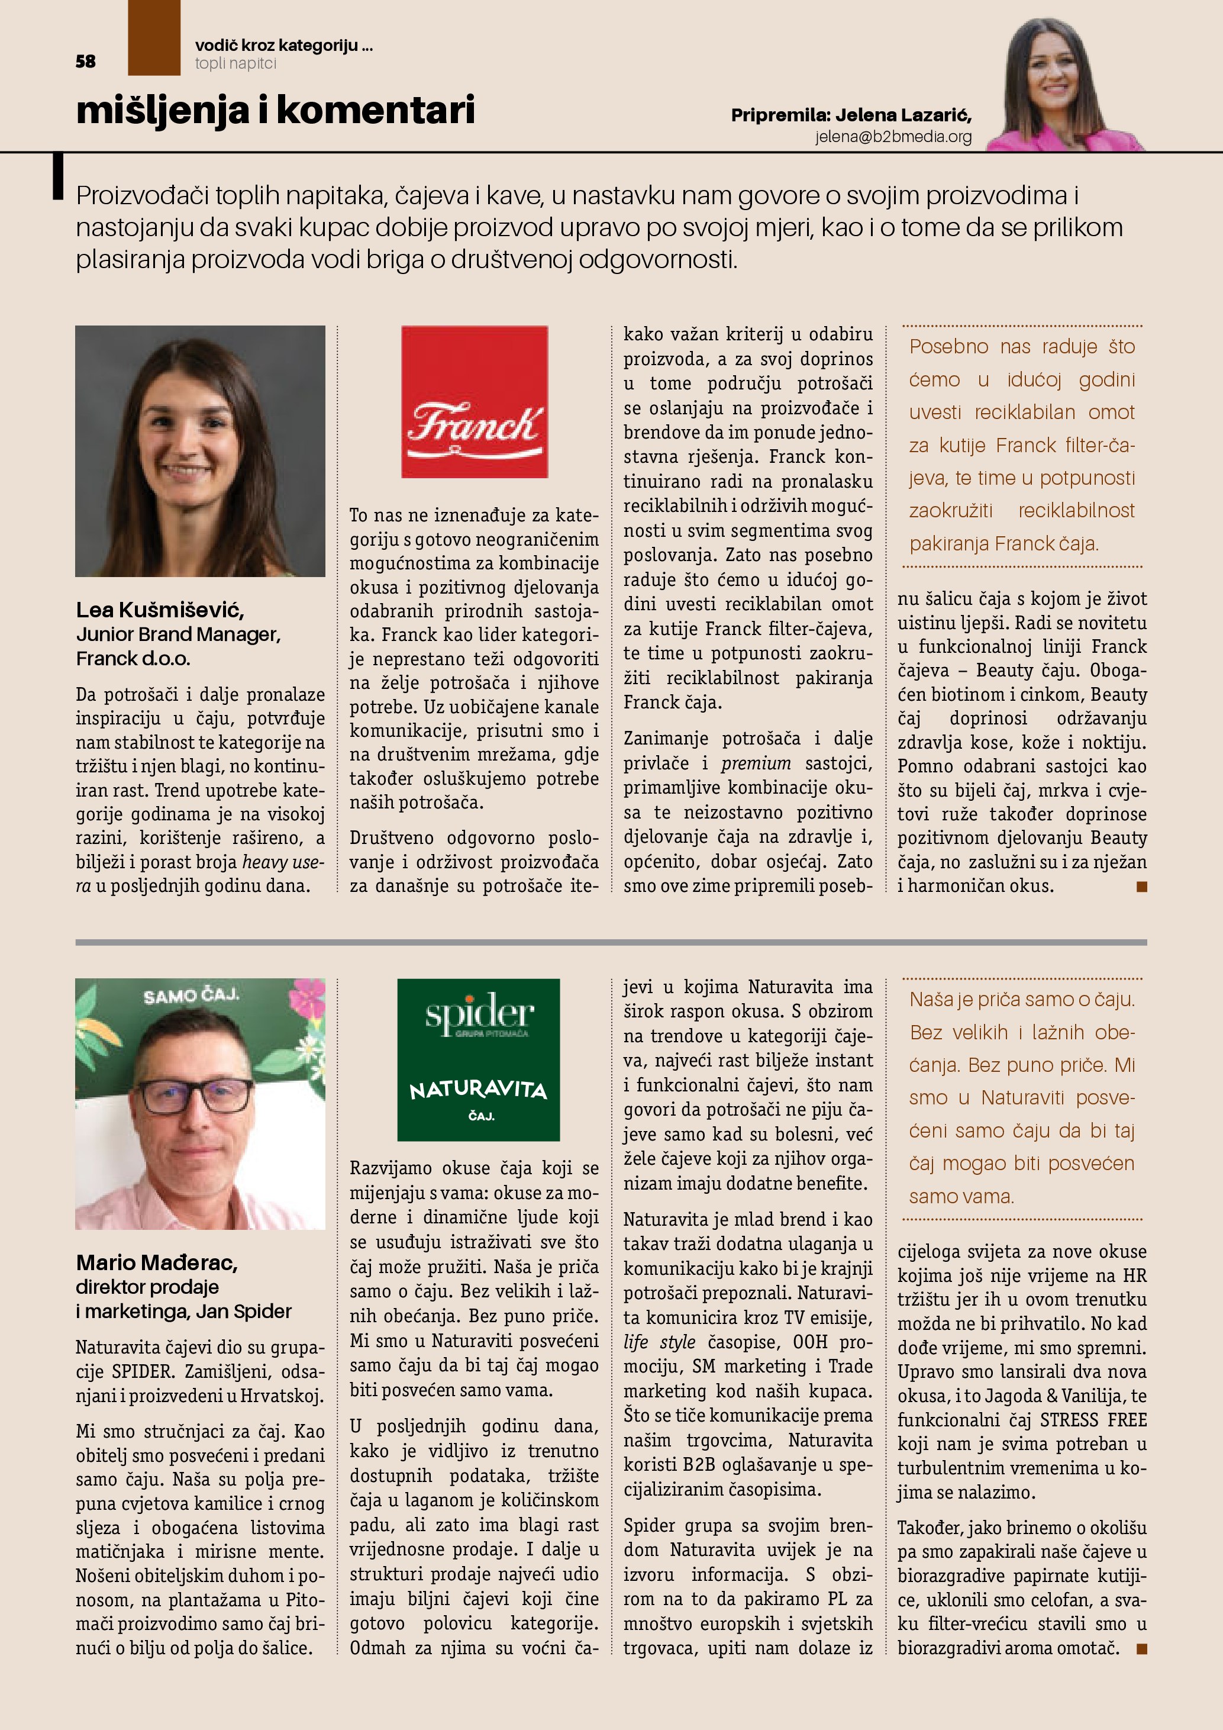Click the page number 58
click(x=85, y=62)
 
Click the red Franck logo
click(x=475, y=402)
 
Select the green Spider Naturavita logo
click(x=478, y=1059)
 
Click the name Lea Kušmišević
click(x=160, y=610)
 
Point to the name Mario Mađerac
click(x=157, y=1263)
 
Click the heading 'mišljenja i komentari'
click(x=276, y=110)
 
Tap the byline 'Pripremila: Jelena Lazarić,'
click(x=851, y=115)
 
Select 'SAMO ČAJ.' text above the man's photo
click(x=191, y=996)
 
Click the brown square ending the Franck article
click(x=1142, y=887)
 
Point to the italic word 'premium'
click(x=756, y=764)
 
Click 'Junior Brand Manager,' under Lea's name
click(x=179, y=634)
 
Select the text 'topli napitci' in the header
click(x=235, y=64)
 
